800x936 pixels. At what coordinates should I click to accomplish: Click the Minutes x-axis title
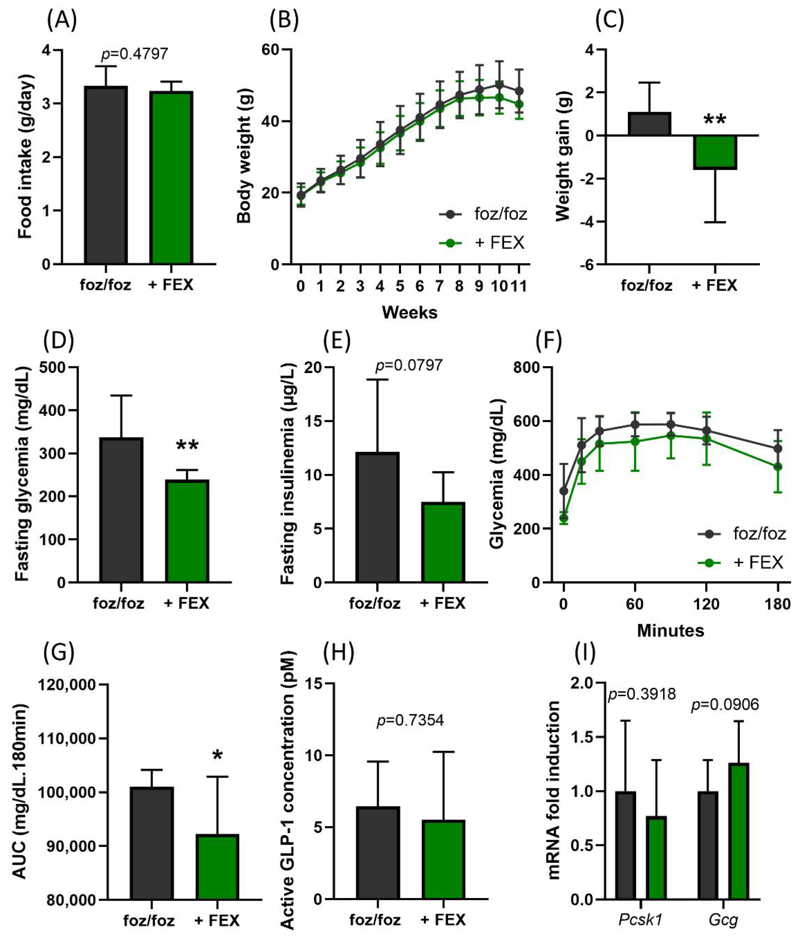[x=670, y=631]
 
